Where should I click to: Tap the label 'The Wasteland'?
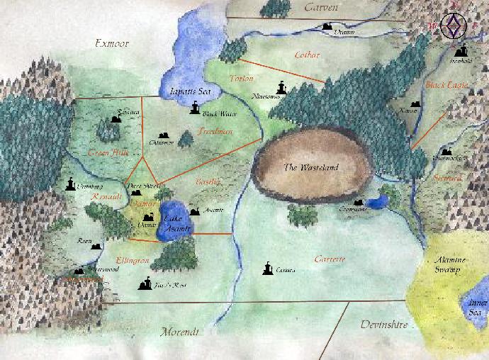tap(310, 168)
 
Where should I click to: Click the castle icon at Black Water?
tap(195, 107)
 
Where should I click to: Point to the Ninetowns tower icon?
tap(283, 87)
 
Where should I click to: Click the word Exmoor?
tap(112, 44)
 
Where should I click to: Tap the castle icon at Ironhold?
tap(463, 50)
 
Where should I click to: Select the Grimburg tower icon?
tap(71, 184)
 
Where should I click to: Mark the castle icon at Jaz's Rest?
tap(146, 284)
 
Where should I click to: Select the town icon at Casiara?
tap(268, 268)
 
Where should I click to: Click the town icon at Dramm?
tap(327, 27)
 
